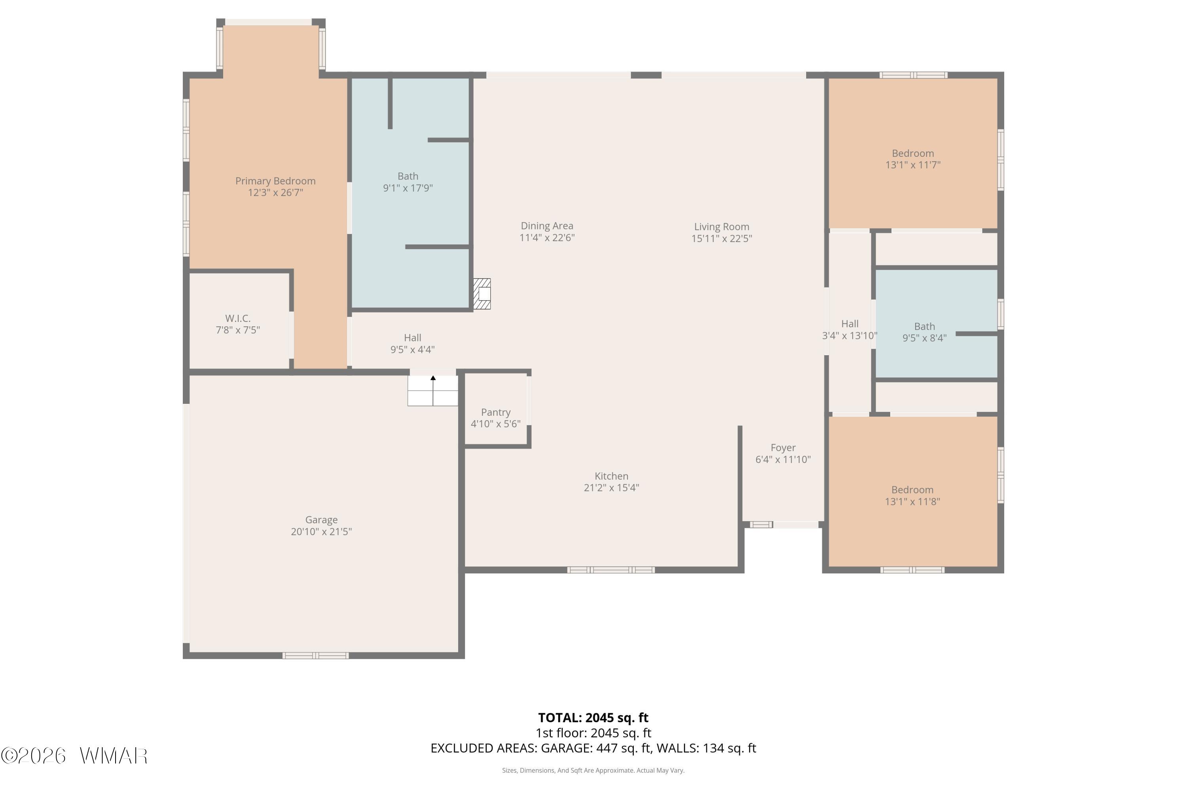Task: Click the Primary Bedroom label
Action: (x=275, y=181)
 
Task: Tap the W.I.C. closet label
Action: (x=238, y=318)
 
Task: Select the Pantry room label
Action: (x=496, y=413)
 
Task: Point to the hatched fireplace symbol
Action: (x=482, y=294)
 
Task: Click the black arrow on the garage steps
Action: (x=433, y=378)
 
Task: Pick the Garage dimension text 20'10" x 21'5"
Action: (x=321, y=531)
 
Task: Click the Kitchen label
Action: (x=612, y=476)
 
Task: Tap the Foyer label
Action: (x=783, y=448)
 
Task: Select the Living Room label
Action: (x=722, y=227)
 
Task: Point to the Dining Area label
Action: (x=547, y=226)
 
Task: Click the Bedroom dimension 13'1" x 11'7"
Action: (x=913, y=165)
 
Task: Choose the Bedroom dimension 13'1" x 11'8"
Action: (x=912, y=502)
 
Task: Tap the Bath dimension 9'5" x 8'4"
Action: (x=925, y=338)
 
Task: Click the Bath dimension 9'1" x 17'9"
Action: (x=408, y=188)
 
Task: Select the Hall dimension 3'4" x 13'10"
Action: (x=850, y=335)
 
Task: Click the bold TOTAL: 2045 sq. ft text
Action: (x=593, y=718)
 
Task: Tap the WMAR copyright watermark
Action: (x=74, y=756)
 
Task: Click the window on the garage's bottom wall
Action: (x=315, y=656)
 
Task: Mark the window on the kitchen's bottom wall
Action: (x=611, y=570)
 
